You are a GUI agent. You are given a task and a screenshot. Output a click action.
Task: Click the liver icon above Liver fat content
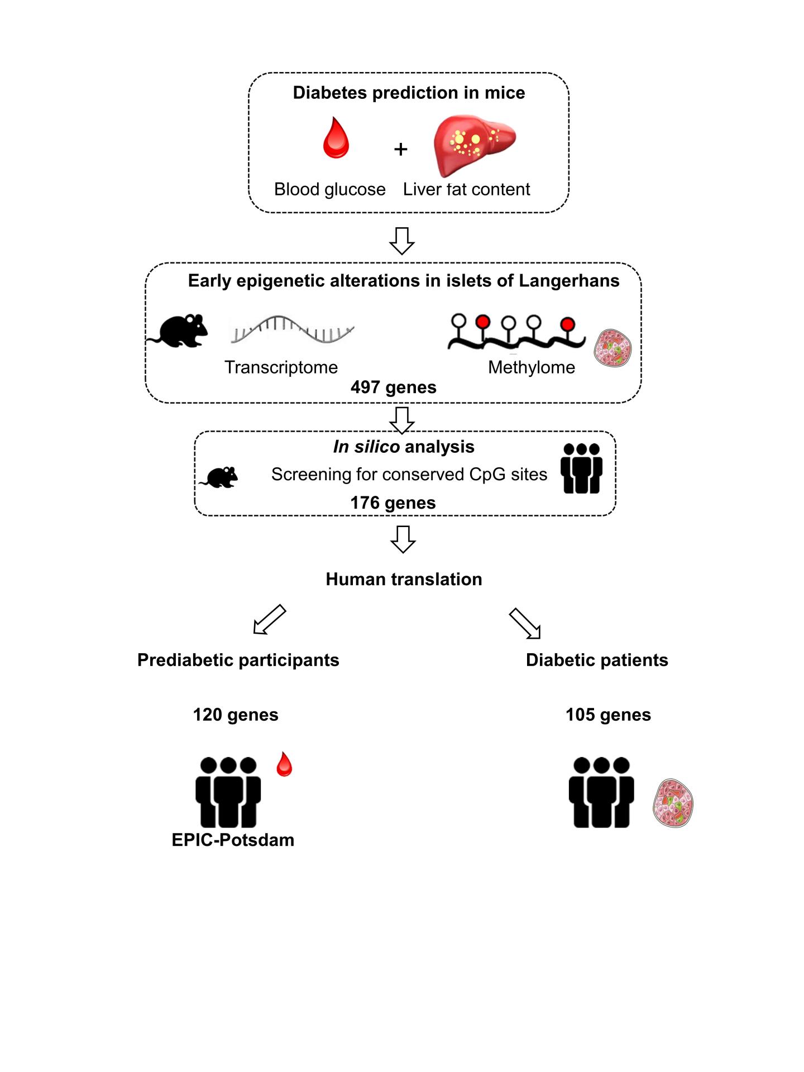tap(475, 145)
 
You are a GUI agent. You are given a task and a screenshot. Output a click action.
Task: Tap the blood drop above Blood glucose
tap(336, 138)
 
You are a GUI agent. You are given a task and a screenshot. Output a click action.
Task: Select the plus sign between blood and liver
tap(400, 149)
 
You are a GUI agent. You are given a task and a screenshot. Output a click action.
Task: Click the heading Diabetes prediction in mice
tap(409, 93)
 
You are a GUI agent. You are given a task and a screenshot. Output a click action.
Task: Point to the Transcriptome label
tap(281, 367)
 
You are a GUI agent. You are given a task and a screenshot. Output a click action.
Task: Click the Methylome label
tap(531, 367)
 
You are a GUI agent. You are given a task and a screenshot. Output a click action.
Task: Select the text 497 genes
tap(393, 387)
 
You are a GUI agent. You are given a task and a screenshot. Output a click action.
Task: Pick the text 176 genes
tap(393, 503)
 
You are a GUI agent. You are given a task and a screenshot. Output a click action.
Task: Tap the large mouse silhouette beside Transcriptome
tap(179, 331)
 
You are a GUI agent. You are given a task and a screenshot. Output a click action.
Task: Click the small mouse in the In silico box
tap(219, 477)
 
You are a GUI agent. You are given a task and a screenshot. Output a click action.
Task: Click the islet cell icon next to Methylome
tap(612, 348)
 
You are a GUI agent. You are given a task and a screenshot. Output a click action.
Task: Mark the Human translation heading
tap(404, 580)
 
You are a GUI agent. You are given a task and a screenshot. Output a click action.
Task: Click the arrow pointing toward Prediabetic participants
tap(269, 620)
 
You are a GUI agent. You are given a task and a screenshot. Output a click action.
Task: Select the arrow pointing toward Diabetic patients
tap(525, 623)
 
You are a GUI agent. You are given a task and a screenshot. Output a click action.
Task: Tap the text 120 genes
tap(236, 715)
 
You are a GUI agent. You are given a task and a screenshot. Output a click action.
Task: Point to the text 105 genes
tap(608, 715)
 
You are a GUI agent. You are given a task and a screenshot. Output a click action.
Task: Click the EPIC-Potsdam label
tap(233, 840)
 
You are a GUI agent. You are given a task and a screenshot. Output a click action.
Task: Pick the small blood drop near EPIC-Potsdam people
tap(284, 764)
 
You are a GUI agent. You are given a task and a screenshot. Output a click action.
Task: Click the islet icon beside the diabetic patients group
tap(673, 803)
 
